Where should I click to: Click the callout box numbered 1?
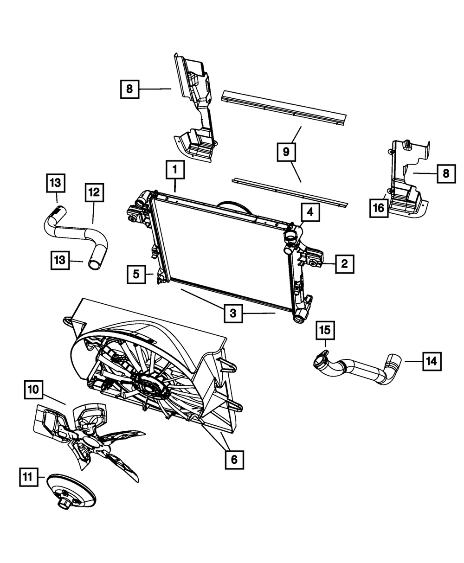175,171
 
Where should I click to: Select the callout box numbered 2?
344,264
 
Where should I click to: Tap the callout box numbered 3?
233,313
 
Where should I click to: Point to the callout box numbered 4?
309,213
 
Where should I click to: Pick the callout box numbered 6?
234,459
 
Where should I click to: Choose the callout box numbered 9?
286,152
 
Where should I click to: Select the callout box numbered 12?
94,192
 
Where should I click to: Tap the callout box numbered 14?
432,361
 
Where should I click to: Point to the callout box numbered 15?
325,331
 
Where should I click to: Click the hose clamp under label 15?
320,360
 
